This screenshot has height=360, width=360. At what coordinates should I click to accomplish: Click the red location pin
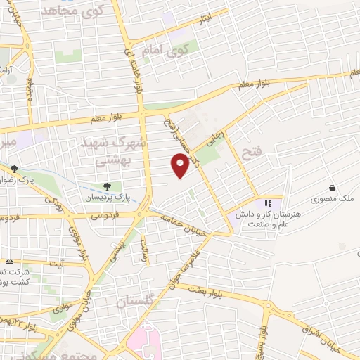(x=180, y=166)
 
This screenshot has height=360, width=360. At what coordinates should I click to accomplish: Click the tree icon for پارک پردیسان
(x=107, y=186)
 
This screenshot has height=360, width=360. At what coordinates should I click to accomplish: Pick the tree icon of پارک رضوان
(x=14, y=169)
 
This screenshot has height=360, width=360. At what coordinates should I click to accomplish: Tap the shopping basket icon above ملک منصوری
(x=332, y=188)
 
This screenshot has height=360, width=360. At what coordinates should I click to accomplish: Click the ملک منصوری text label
(x=336, y=200)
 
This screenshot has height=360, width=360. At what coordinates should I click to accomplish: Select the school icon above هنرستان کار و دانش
(x=268, y=203)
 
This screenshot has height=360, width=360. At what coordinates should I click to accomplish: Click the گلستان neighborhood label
(x=134, y=302)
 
